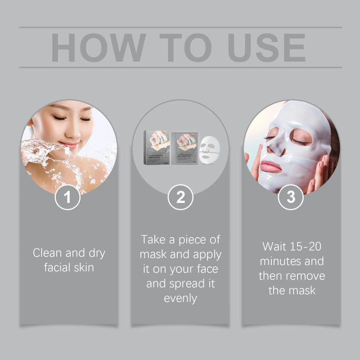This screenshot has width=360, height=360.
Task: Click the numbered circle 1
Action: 68,197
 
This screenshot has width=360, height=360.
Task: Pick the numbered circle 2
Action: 180,197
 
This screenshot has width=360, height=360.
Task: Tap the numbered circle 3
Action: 291,197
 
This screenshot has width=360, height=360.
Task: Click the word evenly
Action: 180,298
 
